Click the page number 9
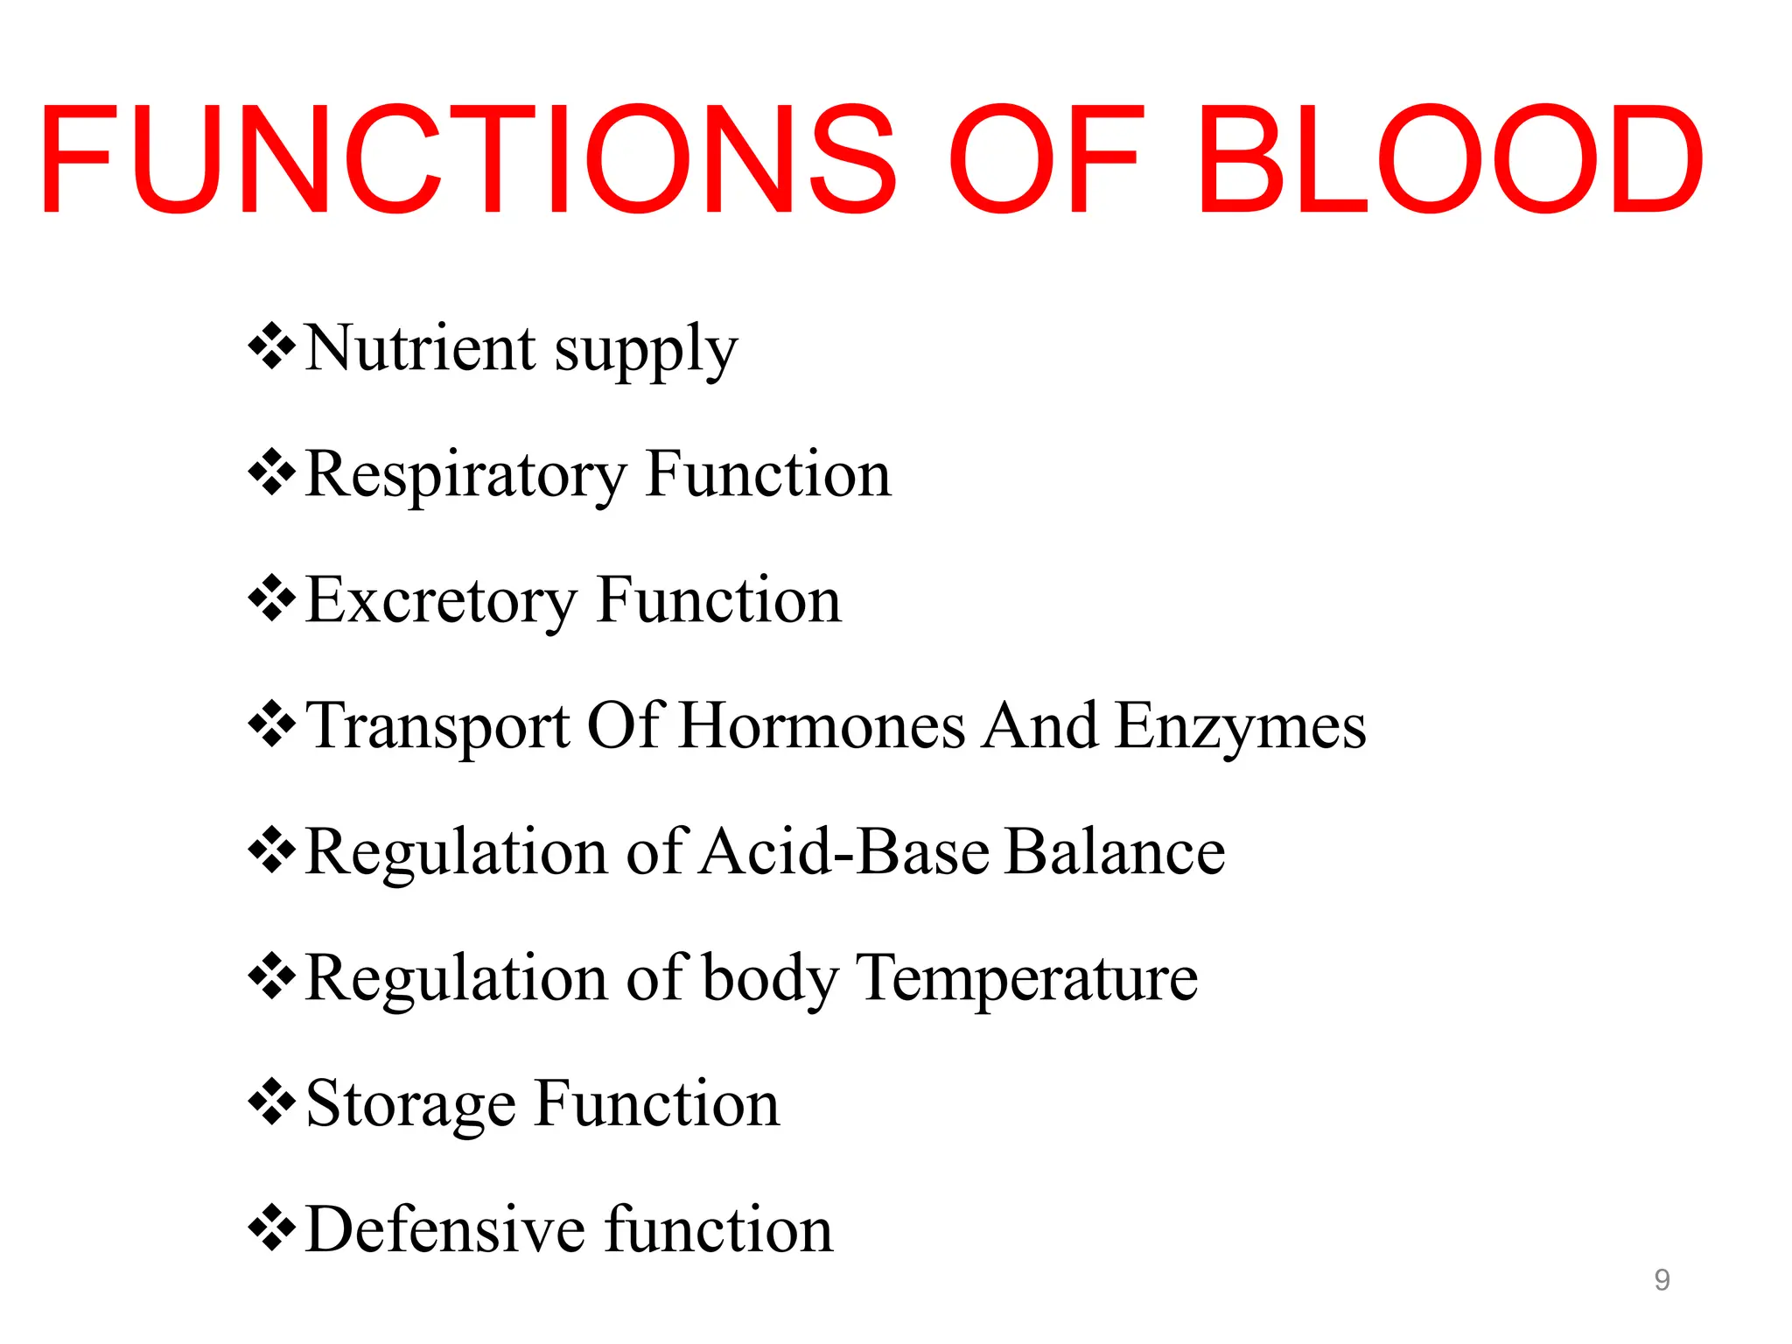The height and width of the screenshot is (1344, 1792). click(1662, 1280)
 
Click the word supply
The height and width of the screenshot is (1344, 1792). click(647, 353)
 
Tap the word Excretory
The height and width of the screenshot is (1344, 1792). click(442, 602)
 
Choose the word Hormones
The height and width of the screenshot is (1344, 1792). click(822, 725)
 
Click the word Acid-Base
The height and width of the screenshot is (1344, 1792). click(844, 851)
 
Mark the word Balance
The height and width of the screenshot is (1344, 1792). click(1115, 851)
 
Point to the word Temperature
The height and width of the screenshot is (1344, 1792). click(1026, 978)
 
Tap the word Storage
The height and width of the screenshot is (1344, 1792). click(411, 1105)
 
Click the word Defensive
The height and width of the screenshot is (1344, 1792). click(446, 1229)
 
